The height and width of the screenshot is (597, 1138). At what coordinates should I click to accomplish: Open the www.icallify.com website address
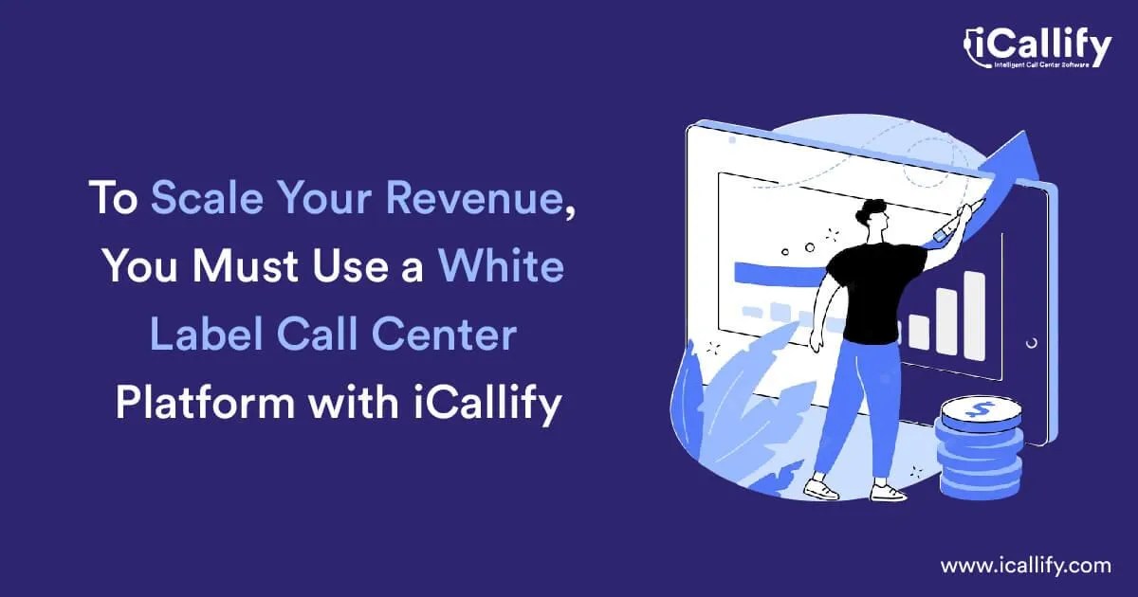(1025, 566)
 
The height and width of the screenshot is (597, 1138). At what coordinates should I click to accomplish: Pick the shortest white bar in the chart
(919, 332)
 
